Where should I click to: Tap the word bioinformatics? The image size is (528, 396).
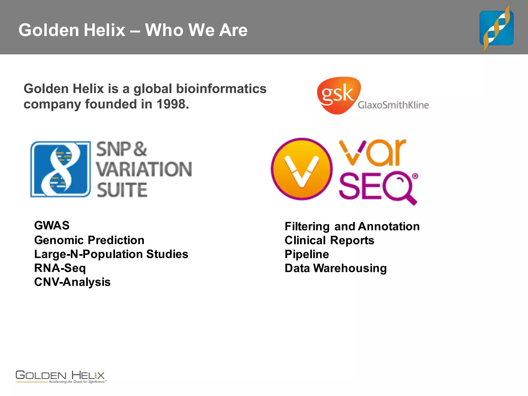(221, 89)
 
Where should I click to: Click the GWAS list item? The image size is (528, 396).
(52, 226)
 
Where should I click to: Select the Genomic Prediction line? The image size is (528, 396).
(89, 240)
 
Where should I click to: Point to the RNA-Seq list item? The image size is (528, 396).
(60, 268)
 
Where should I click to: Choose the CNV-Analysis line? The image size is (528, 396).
(72, 282)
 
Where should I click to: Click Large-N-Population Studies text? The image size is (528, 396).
(111, 254)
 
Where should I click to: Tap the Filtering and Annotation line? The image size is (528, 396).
(352, 227)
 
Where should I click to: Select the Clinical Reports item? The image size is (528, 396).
(329, 241)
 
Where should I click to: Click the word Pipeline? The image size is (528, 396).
(307, 254)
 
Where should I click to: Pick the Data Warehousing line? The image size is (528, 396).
(335, 268)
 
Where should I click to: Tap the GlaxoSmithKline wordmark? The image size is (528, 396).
(393, 105)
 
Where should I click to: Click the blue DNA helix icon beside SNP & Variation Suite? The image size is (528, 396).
(61, 169)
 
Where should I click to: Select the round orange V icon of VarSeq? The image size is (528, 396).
(301, 169)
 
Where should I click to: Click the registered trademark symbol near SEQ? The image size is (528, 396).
(415, 176)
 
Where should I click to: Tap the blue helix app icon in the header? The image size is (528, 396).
(496, 28)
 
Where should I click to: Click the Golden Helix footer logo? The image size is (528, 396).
(61, 377)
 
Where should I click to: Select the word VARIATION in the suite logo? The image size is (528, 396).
(144, 170)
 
